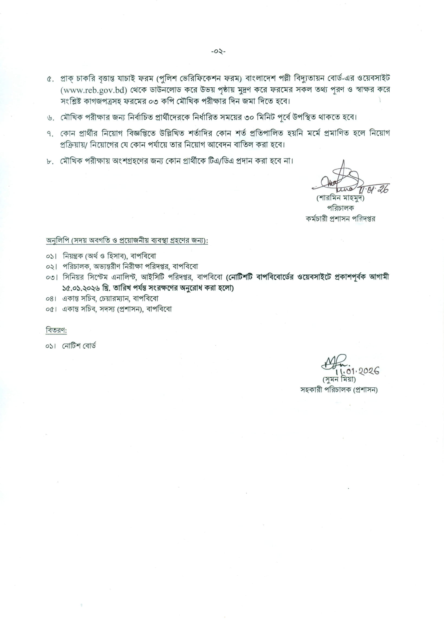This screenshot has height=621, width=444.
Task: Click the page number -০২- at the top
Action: (218, 52)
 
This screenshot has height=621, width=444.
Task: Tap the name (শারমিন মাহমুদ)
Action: (340, 198)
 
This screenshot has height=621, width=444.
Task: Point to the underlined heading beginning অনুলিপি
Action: (127, 241)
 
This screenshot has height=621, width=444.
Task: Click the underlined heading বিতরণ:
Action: (56, 330)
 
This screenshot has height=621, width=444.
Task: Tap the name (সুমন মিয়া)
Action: (339, 380)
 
